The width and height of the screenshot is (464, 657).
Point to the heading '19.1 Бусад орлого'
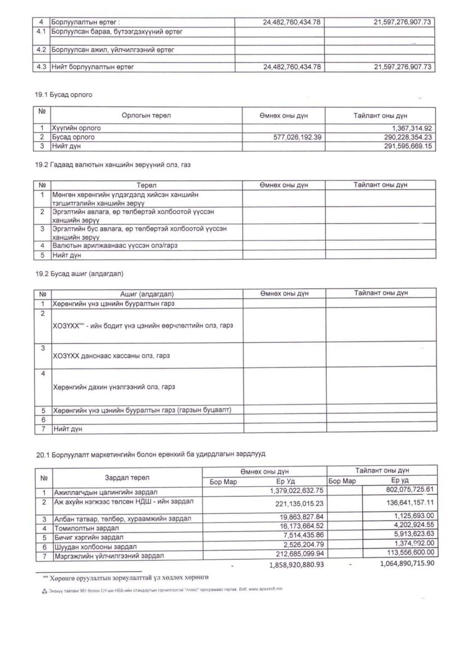63,95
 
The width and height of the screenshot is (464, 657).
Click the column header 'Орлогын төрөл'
146,116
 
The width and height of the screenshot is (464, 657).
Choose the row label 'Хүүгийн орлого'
77,128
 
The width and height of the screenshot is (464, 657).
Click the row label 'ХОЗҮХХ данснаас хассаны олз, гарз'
111,356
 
